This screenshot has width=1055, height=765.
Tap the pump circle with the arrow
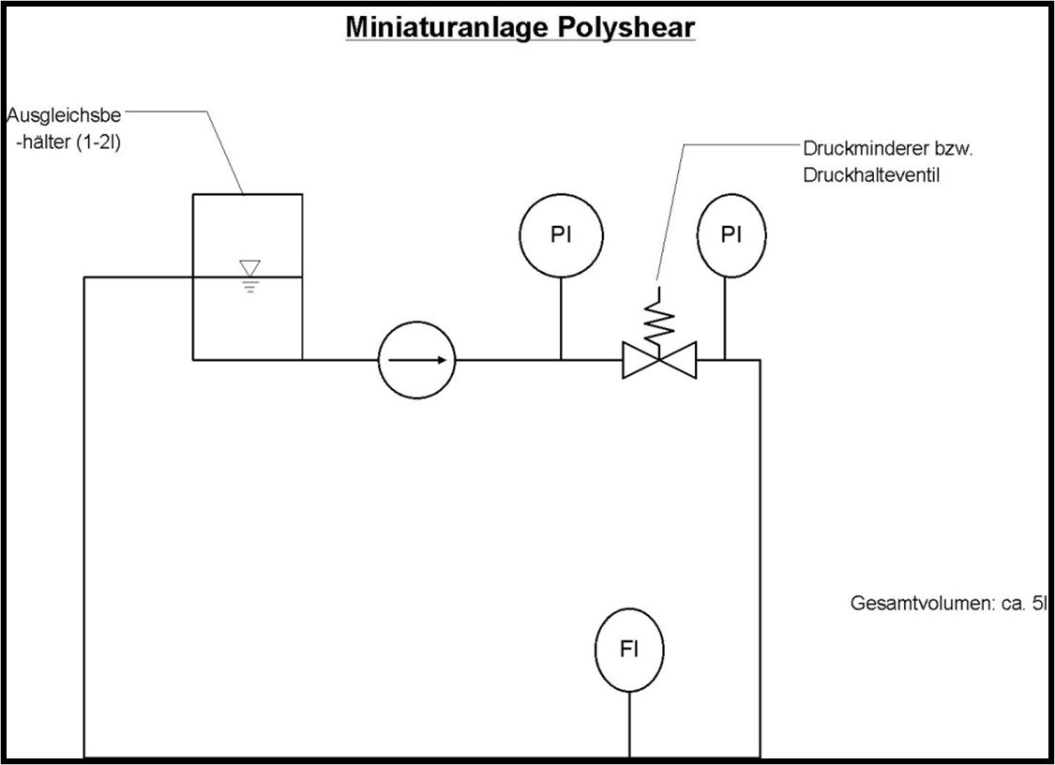pyautogui.click(x=416, y=359)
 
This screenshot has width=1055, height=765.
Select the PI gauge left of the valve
pyautogui.click(x=561, y=236)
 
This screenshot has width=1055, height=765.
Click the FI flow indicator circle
pyautogui.click(x=629, y=650)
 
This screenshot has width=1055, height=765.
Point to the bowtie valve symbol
pyautogui.click(x=659, y=360)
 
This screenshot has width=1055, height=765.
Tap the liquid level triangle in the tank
pyautogui.click(x=249, y=269)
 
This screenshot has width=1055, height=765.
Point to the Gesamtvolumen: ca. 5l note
pyautogui.click(x=947, y=604)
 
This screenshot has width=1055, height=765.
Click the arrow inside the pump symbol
pyautogui.click(x=416, y=359)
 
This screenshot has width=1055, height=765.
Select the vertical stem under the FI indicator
pyautogui.click(x=629, y=722)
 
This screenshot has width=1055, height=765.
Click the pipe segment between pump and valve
pyautogui.click(x=506, y=359)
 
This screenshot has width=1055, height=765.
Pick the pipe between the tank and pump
pyautogui.click(x=339, y=359)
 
